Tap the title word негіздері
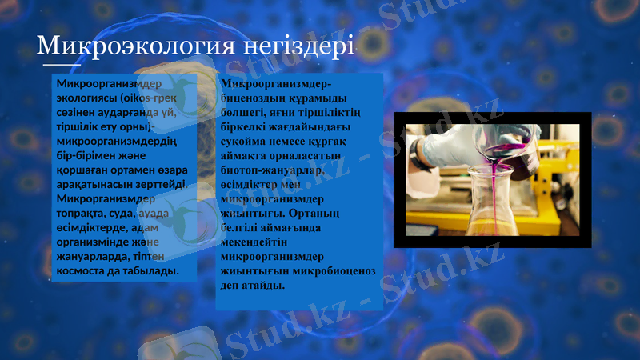tap(308, 46)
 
